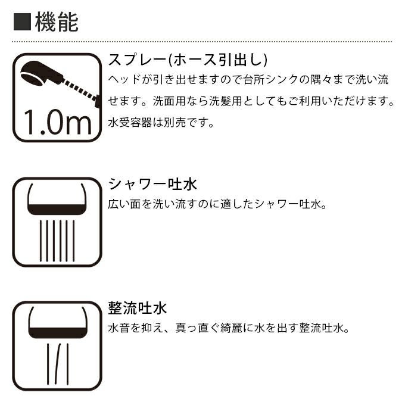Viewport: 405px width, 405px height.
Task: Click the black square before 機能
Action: (23, 23)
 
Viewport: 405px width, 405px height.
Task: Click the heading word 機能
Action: (57, 22)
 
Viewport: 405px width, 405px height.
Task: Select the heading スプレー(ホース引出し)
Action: (188, 60)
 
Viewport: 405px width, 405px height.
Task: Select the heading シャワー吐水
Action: (152, 183)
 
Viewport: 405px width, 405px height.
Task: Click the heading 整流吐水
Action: (138, 308)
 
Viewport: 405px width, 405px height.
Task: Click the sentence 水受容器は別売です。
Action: (160, 123)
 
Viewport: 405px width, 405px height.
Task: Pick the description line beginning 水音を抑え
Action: (228, 328)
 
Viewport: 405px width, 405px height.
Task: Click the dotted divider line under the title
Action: (202, 42)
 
